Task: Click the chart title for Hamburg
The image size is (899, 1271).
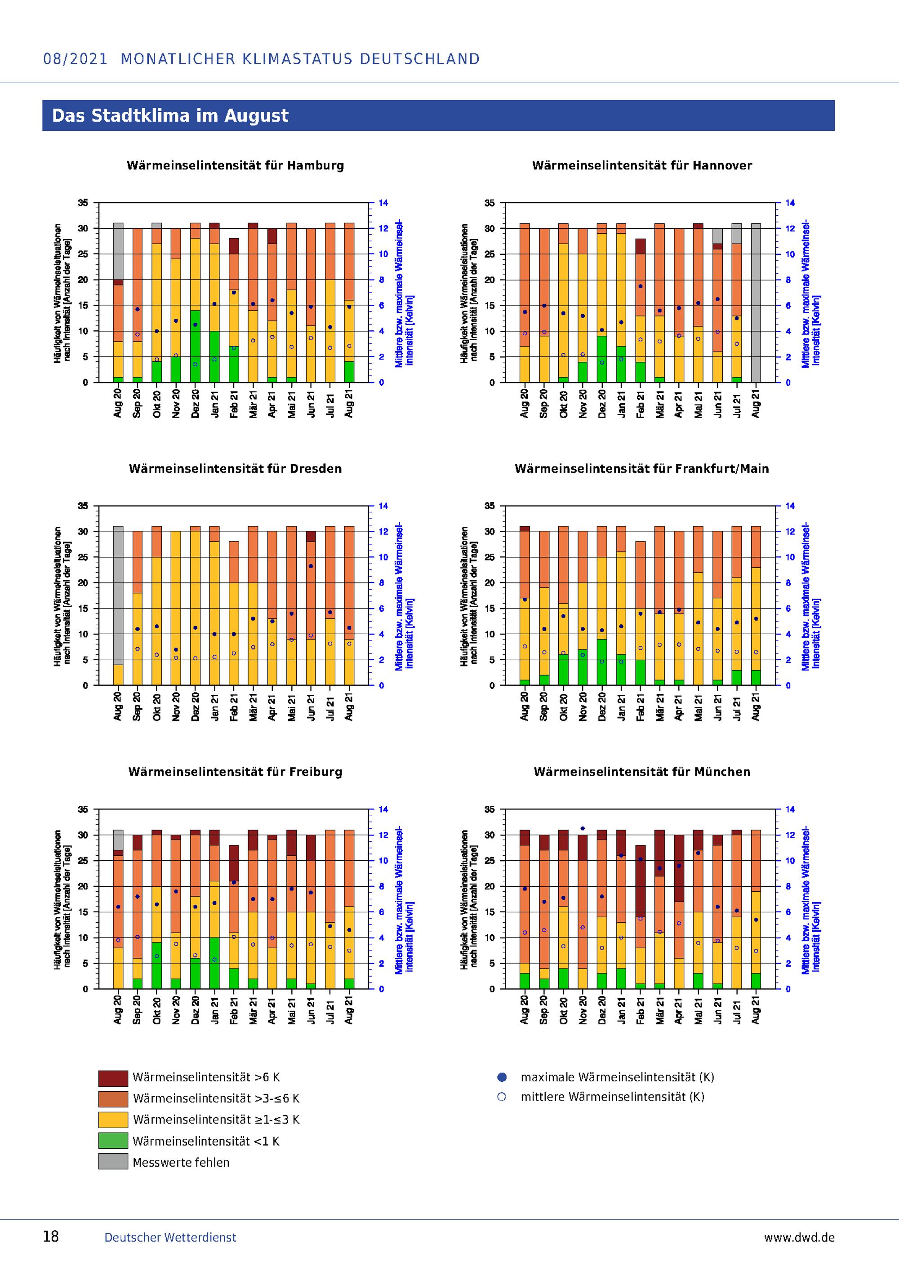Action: [x=235, y=165]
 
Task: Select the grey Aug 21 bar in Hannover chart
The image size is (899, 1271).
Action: [x=756, y=303]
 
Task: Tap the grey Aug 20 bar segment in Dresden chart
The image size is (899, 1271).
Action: [x=118, y=595]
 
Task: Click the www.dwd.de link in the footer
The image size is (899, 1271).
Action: [x=799, y=1237]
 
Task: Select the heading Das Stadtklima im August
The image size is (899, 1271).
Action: [x=170, y=116]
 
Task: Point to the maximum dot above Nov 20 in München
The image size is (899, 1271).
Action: [x=583, y=829]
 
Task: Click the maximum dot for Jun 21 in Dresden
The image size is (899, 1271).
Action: [x=311, y=566]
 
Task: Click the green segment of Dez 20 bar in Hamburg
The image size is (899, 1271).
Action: [x=196, y=347]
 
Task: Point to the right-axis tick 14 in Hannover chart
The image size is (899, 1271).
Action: [x=790, y=203]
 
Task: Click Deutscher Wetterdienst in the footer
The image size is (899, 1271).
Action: [x=170, y=1237]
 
